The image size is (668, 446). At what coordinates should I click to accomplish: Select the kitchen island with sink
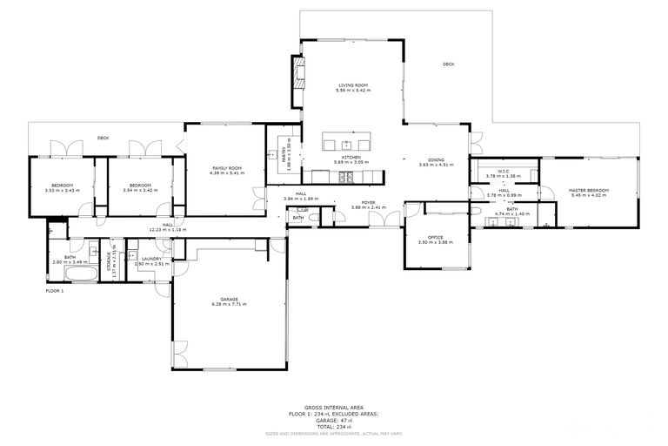tap(346, 144)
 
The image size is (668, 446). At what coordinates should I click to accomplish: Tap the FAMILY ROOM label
tap(226, 167)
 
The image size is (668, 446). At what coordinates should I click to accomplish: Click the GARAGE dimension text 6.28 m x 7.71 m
tap(229, 305)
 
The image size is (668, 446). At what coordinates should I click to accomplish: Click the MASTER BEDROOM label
tap(589, 190)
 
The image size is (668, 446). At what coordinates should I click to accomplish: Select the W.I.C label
tap(503, 171)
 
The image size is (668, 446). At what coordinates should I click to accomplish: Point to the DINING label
tap(437, 159)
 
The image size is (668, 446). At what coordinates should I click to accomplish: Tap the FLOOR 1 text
tap(55, 291)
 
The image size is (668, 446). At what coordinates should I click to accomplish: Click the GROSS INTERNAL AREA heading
tap(334, 407)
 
